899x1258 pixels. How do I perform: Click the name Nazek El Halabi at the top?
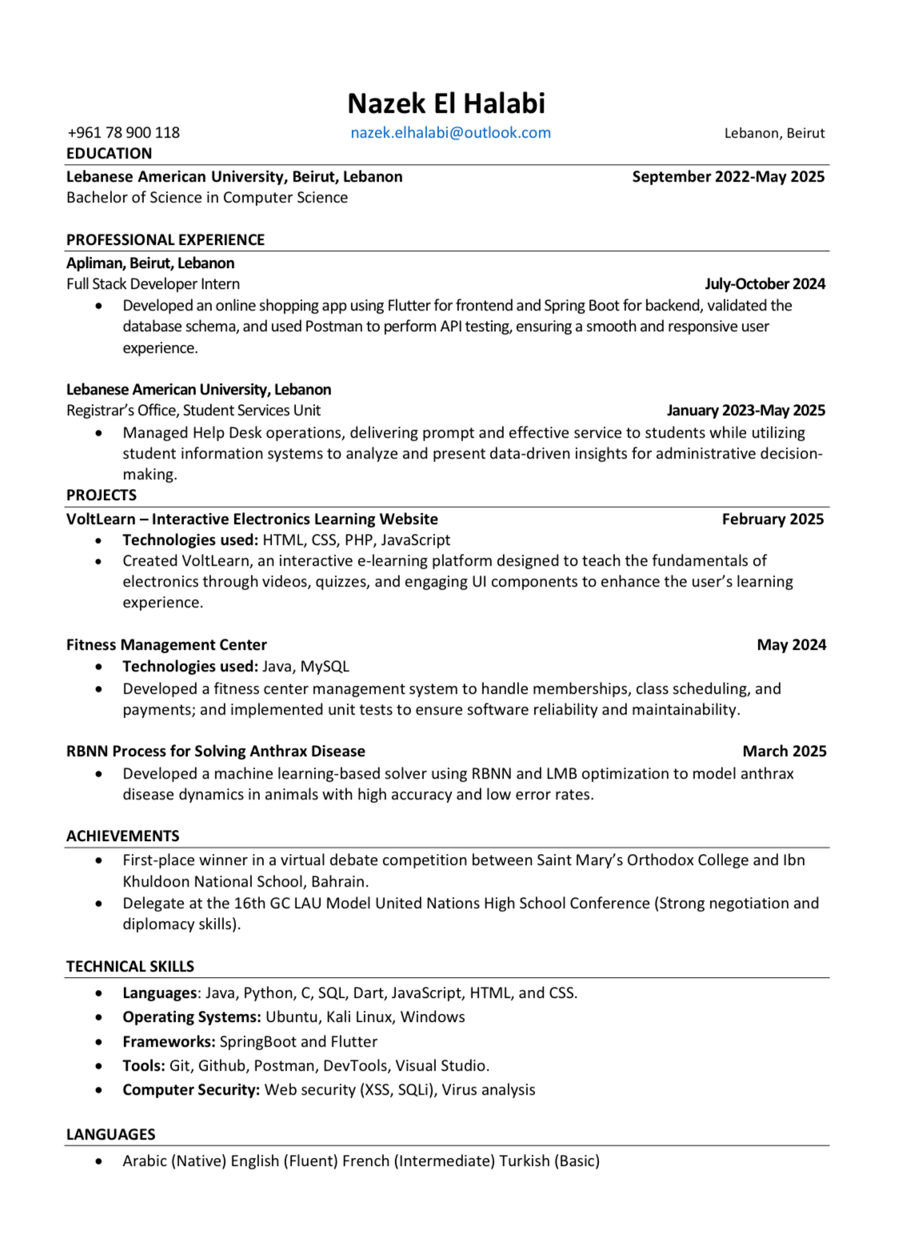click(446, 103)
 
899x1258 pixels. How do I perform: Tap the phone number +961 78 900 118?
click(123, 133)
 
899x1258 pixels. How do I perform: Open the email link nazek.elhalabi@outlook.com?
click(450, 133)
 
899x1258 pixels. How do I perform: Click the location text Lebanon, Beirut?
click(773, 134)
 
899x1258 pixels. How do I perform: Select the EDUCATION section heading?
click(109, 154)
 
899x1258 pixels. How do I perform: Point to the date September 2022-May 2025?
click(728, 177)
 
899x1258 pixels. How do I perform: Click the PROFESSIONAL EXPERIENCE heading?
click(165, 240)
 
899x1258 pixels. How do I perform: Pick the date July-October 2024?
click(764, 284)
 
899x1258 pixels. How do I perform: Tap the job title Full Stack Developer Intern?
click(153, 284)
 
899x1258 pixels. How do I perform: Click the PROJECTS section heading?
click(102, 495)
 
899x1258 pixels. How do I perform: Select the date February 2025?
click(772, 519)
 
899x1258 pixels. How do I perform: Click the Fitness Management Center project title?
click(166, 645)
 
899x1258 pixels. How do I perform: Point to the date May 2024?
click(791, 645)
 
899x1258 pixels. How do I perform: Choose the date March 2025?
click(784, 751)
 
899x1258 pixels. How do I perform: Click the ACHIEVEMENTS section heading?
click(122, 836)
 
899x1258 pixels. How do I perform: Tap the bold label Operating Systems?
click(191, 1017)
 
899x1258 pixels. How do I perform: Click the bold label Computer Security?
click(190, 1090)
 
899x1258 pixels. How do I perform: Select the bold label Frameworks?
click(169, 1042)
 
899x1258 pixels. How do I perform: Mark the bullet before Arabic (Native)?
click(98, 1161)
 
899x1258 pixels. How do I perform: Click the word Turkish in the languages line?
click(525, 1161)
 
